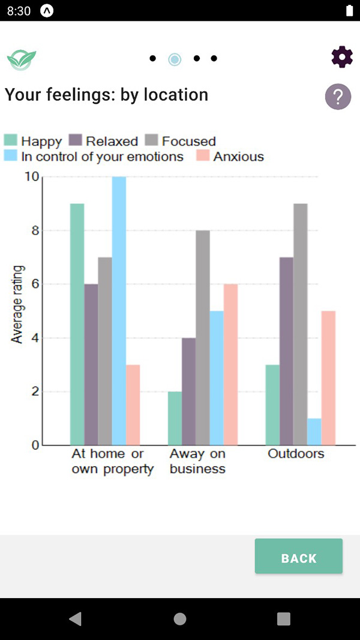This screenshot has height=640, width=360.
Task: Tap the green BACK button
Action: click(x=298, y=558)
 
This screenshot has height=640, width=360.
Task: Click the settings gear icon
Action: click(x=342, y=57)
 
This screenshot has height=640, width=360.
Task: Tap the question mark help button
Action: click(x=338, y=96)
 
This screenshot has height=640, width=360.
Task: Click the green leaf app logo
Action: click(x=22, y=59)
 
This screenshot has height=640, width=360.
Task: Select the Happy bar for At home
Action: click(x=77, y=324)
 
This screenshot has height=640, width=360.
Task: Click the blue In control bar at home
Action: click(x=119, y=311)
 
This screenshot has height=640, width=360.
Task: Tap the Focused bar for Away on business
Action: click(x=203, y=338)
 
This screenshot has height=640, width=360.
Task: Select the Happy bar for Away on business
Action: click(x=175, y=418)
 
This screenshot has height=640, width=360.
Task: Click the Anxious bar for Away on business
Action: click(x=230, y=365)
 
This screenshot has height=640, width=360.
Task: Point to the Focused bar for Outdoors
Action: click(x=301, y=324)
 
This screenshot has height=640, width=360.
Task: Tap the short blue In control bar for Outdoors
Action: click(x=314, y=432)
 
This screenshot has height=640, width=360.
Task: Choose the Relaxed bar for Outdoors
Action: click(x=287, y=351)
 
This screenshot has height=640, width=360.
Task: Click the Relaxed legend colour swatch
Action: click(x=75, y=141)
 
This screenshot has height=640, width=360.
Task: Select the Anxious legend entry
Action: click(x=230, y=157)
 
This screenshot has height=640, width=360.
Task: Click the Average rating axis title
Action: click(x=17, y=304)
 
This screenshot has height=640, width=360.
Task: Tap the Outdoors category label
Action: click(x=296, y=453)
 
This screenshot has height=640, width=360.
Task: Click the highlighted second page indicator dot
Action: click(x=175, y=59)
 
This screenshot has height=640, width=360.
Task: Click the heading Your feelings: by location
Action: click(x=107, y=95)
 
